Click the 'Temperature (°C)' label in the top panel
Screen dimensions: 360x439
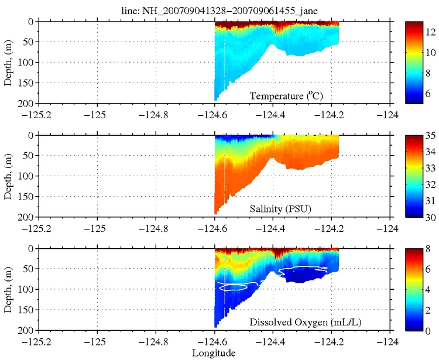(x=287, y=96)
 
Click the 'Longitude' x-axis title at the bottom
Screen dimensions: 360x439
(x=214, y=353)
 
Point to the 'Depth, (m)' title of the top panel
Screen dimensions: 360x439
(x=8, y=63)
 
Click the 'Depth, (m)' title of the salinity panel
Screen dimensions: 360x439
(x=8, y=176)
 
